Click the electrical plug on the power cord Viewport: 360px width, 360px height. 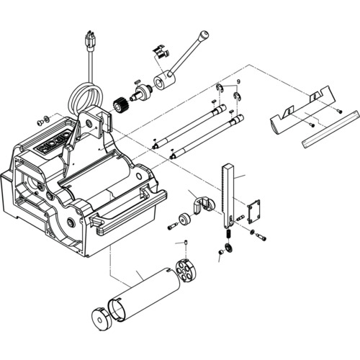(x=91, y=42)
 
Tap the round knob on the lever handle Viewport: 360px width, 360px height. (x=204, y=35)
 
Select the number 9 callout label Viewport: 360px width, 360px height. (x=238, y=81)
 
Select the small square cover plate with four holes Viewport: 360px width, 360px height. (x=254, y=212)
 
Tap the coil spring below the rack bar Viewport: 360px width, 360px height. (x=229, y=234)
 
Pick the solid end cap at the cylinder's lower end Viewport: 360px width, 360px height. (x=101, y=319)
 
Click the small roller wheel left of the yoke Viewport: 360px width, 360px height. (x=184, y=218)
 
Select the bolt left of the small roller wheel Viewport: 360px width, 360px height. (x=172, y=226)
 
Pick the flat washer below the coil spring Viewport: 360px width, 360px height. (x=228, y=247)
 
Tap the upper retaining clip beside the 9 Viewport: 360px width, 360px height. (x=219, y=88)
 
